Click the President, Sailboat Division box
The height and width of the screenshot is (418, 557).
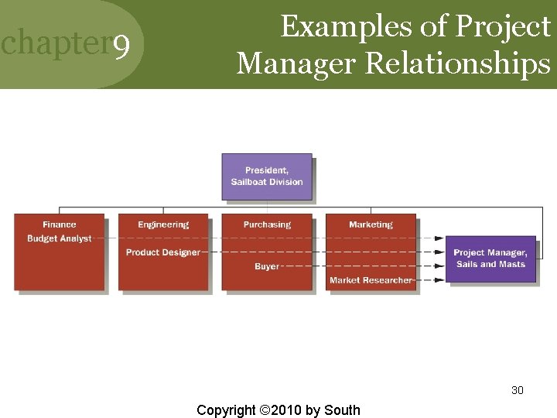click(x=267, y=176)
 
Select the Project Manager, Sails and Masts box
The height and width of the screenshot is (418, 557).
click(x=490, y=259)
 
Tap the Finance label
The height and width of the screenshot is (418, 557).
click(x=60, y=224)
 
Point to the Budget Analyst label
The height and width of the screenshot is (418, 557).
click(x=60, y=238)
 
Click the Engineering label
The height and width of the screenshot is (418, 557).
click(x=163, y=224)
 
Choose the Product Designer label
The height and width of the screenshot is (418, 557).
click(x=162, y=252)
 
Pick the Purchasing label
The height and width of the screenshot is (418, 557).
click(x=267, y=224)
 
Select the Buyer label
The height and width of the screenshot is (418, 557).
click(x=267, y=266)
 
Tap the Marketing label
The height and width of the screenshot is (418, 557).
click(x=371, y=224)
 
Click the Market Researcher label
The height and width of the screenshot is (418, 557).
click(x=371, y=280)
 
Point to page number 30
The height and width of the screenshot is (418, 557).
click(x=518, y=390)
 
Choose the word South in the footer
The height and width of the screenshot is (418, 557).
click(x=343, y=409)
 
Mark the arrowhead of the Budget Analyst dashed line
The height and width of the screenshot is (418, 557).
click(x=439, y=238)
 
